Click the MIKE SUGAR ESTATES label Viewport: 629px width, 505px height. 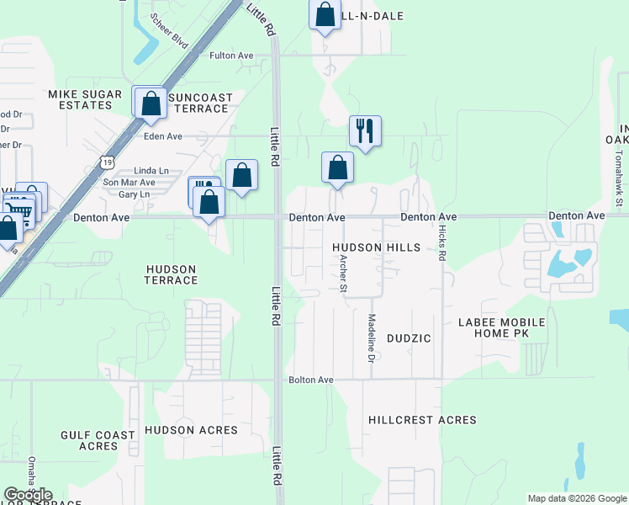(x=80, y=99)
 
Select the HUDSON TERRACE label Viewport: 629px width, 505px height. (x=171, y=274)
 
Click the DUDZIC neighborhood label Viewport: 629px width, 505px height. (x=409, y=338)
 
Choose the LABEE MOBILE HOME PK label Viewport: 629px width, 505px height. (x=501, y=328)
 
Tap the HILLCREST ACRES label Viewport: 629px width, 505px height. (x=422, y=420)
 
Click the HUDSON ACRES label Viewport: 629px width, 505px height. (x=191, y=430)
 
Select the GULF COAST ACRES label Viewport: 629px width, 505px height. (x=98, y=440)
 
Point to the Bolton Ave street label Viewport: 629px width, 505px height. (x=311, y=380)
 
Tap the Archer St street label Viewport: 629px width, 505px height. (x=343, y=276)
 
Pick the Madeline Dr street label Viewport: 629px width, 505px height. (x=371, y=338)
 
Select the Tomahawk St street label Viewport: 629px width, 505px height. (x=618, y=178)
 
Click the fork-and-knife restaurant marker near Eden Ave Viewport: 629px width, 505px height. (x=365, y=131)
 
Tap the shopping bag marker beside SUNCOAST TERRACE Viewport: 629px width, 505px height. (x=151, y=103)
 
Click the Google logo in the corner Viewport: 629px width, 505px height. (x=29, y=495)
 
